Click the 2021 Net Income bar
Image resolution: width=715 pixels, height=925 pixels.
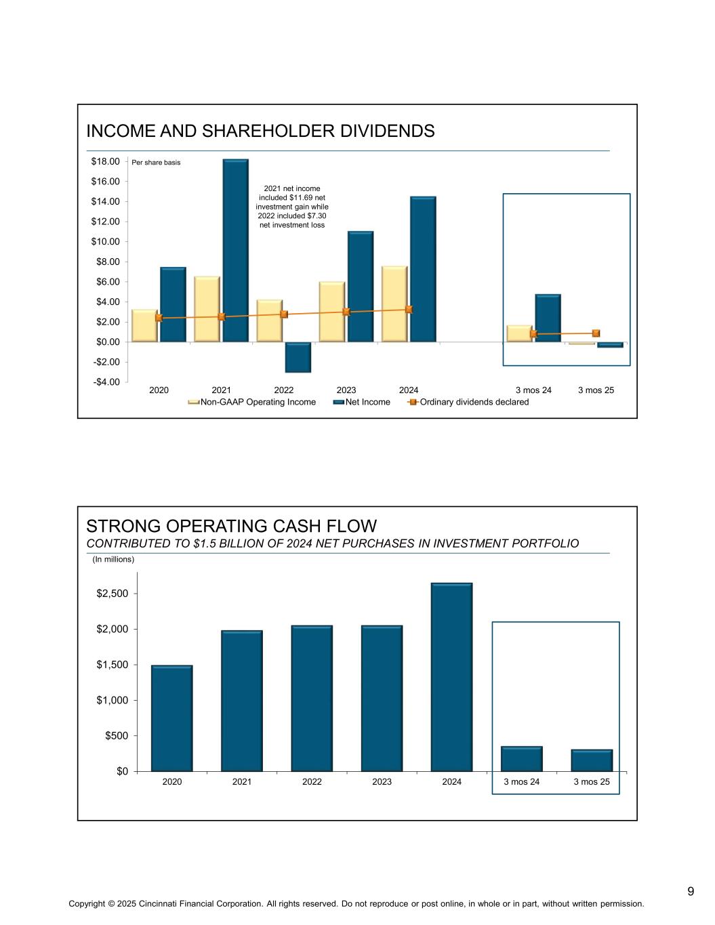235,251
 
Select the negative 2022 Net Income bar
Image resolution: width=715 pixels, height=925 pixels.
298,357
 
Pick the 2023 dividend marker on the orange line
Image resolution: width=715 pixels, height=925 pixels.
346,312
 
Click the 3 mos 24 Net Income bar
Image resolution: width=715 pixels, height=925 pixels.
548,318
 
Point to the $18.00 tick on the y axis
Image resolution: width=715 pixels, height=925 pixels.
105,161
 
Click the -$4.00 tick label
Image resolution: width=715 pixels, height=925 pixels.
105,382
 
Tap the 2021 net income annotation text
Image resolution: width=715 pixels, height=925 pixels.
293,206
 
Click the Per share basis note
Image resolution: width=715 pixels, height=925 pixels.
156,163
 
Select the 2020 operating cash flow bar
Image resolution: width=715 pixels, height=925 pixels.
171,718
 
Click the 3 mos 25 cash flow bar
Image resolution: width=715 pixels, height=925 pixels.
592,760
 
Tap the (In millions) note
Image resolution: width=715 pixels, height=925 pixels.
113,560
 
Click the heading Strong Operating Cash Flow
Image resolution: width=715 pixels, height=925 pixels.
231,526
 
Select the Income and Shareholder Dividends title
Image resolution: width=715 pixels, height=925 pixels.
260,131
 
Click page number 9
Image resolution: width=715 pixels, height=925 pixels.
691,891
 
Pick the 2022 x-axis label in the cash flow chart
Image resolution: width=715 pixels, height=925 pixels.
312,782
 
